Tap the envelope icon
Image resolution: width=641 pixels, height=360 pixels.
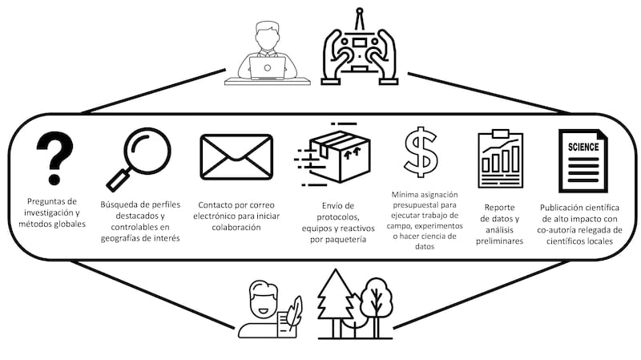(236, 156)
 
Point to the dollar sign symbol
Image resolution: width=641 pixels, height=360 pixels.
(421, 152)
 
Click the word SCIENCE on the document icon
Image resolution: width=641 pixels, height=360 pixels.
(585, 148)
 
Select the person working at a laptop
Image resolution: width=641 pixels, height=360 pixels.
(266, 54)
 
